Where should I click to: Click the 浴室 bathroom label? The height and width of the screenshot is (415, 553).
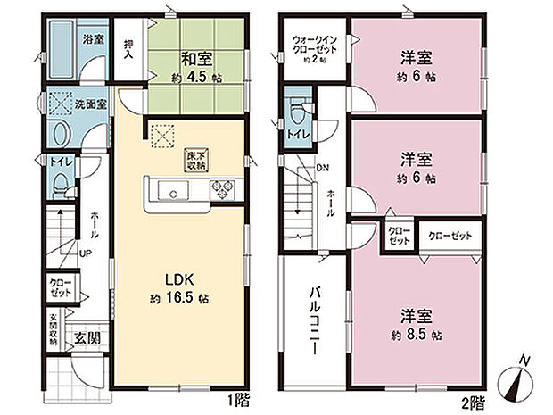[92, 40]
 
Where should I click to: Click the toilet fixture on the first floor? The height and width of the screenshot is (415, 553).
[58, 184]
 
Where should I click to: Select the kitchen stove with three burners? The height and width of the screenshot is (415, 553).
[220, 189]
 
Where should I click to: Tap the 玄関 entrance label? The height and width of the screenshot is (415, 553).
[87, 337]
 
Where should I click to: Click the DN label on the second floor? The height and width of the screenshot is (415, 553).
[322, 167]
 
